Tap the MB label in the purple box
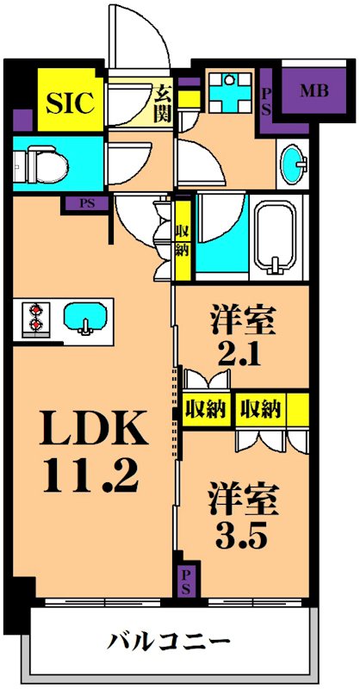coord(312,90)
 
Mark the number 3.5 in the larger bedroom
coord(243,534)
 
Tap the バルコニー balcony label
coord(169,642)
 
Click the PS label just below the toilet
coord(88,205)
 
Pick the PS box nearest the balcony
coord(185,582)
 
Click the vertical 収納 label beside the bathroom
coord(183,239)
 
